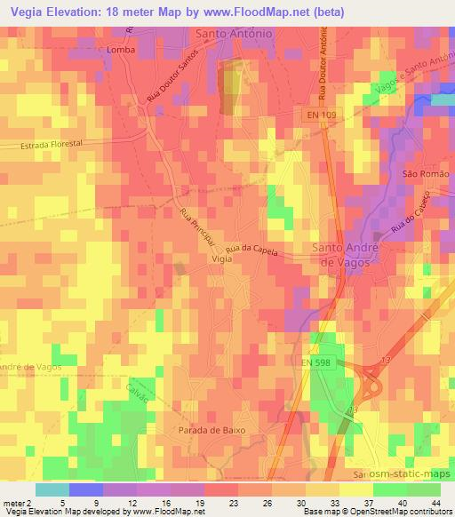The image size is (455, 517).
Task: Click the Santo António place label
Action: pos(233,35)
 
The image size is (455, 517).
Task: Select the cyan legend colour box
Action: pos(52,489)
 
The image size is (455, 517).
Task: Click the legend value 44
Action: pos(435,502)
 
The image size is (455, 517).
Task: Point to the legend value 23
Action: pos(209,502)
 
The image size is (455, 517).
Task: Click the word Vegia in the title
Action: pos(23,11)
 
